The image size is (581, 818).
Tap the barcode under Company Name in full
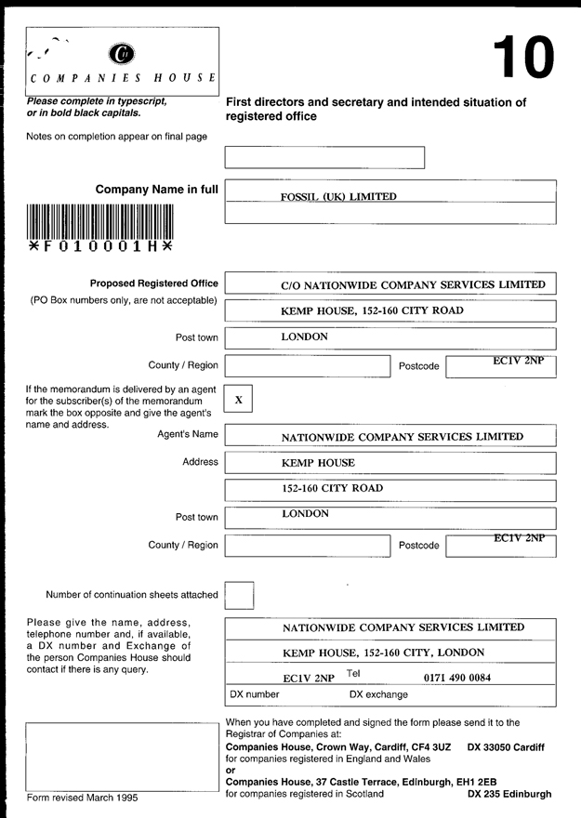tap(100, 221)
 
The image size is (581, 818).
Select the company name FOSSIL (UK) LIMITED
tap(338, 197)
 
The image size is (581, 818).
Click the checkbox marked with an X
tap(239, 400)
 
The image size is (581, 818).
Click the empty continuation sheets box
tap(239, 595)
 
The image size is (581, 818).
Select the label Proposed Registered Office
tap(154, 284)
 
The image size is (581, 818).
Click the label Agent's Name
tap(188, 434)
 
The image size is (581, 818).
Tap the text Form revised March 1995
tap(84, 798)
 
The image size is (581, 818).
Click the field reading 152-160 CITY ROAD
tap(333, 488)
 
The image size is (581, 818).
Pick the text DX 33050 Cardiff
tap(507, 747)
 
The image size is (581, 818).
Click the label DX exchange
tap(378, 694)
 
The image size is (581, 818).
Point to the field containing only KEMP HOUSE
tap(318, 463)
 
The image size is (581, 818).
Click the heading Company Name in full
tap(156, 190)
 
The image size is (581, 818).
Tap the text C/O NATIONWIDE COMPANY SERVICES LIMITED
tap(413, 285)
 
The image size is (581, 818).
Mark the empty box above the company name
tap(324, 157)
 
